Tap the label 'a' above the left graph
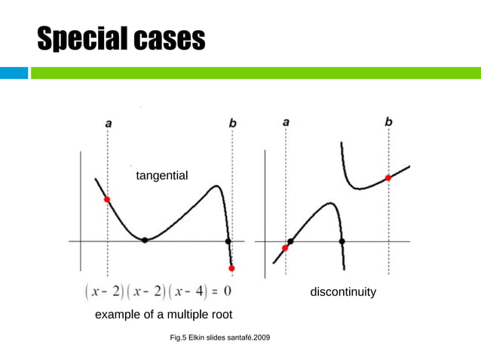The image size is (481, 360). [108, 122]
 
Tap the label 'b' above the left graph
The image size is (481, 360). [232, 122]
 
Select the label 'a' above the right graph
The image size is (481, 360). [286, 121]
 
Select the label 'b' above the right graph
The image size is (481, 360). [388, 121]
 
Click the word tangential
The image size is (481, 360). [161, 175]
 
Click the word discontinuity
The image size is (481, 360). [343, 291]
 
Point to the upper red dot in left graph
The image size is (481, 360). [107, 200]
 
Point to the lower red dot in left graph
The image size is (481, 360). [231, 268]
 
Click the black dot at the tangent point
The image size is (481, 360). [145, 240]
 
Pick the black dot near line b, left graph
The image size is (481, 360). [228, 241]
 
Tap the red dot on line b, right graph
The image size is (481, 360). [388, 178]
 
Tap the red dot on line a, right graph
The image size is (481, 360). [285, 248]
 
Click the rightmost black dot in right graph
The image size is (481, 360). [342, 241]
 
